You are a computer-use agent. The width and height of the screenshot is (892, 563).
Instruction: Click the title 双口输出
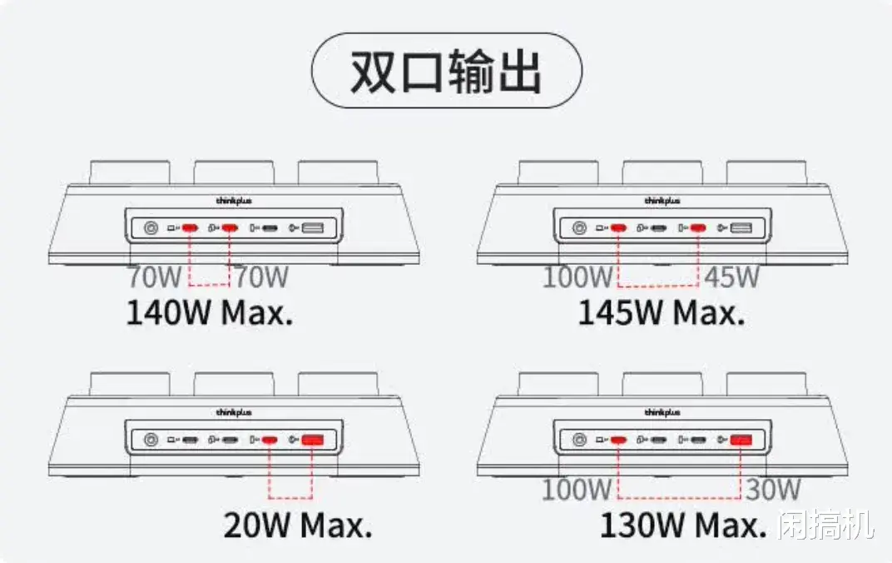446,72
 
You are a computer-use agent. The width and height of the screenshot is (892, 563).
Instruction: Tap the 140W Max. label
210,312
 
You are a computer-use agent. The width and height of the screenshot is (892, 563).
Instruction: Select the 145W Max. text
661,312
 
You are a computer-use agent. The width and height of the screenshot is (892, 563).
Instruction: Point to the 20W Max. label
297,525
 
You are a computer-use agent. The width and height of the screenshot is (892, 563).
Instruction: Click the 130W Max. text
682,525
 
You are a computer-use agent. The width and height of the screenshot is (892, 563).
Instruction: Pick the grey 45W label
732,277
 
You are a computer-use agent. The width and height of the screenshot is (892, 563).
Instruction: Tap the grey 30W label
772,490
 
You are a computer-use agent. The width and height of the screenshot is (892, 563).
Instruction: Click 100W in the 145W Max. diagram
577,277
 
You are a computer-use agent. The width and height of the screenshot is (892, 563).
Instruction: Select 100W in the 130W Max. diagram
577,490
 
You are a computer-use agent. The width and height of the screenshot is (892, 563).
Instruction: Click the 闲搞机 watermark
826,525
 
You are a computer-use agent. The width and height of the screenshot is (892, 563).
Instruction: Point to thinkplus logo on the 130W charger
662,412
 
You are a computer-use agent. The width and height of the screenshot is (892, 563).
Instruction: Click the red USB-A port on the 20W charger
313,440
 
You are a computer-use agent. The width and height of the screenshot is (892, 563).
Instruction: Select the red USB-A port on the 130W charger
741,440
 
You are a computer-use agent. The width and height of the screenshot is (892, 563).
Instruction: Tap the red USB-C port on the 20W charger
270,440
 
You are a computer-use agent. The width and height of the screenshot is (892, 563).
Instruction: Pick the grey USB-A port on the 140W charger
314,227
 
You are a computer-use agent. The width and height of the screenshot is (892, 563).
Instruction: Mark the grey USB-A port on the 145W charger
741,227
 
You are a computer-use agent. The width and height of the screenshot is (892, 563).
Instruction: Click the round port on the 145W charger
579,227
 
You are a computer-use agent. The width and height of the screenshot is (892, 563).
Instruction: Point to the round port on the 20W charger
151,440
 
